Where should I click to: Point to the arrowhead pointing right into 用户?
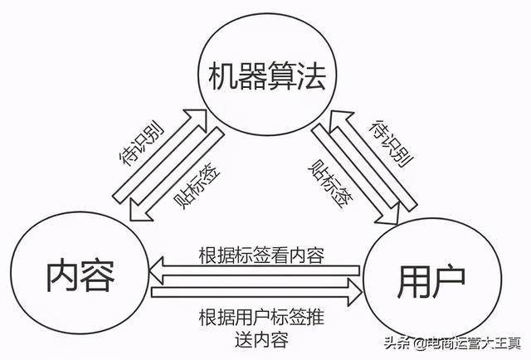[x=355, y=290]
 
